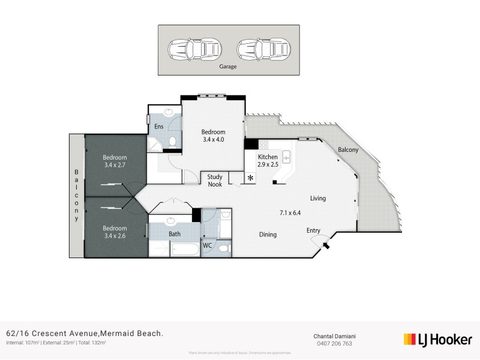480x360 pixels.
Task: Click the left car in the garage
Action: click(x=194, y=48)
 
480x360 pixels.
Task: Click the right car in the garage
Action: click(x=263, y=48)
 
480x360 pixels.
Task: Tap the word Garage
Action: click(x=228, y=67)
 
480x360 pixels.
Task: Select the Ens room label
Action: click(x=159, y=126)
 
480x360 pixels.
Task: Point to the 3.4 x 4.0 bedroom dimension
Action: click(x=213, y=140)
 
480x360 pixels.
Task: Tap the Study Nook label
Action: click(x=215, y=181)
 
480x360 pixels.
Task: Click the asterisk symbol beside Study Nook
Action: click(x=250, y=179)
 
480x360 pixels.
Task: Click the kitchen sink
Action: click(x=287, y=158)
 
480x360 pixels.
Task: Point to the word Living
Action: click(x=318, y=198)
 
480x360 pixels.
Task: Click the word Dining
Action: click(x=268, y=235)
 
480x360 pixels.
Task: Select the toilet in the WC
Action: click(x=224, y=247)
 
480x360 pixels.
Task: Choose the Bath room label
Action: click(x=175, y=234)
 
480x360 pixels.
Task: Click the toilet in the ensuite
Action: click(x=172, y=142)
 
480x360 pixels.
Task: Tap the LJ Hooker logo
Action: click(x=438, y=340)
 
